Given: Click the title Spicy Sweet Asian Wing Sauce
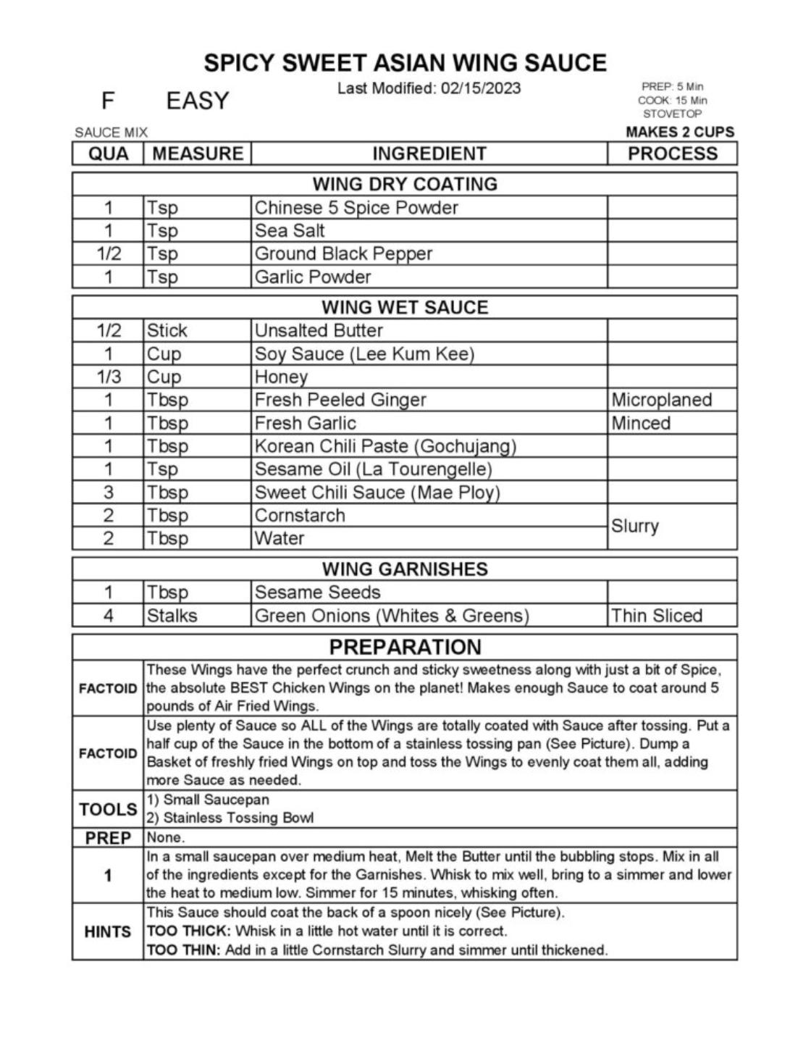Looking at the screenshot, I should click(x=405, y=63).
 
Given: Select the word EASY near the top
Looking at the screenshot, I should click(x=197, y=101).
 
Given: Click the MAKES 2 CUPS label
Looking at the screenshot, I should click(x=679, y=132).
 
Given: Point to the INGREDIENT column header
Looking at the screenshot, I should click(x=429, y=154).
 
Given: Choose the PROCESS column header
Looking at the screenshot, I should click(x=672, y=154).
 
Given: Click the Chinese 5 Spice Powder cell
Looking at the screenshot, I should click(x=356, y=208).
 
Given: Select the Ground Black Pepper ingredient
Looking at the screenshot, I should click(x=343, y=254).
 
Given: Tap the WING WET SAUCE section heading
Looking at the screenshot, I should click(x=405, y=307).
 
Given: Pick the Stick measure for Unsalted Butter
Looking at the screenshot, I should click(x=167, y=330).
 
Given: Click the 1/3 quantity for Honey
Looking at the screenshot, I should click(x=108, y=377).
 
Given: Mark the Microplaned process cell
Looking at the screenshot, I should click(x=661, y=400).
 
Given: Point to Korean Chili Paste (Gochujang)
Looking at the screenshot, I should click(x=385, y=446).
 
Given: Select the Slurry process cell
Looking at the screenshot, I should click(x=634, y=526).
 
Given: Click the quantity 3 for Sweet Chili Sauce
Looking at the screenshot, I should click(x=108, y=493).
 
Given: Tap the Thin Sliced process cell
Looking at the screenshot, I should click(x=656, y=616).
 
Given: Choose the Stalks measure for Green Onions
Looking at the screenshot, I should click(x=172, y=616).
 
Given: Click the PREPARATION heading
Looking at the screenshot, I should click(x=405, y=647).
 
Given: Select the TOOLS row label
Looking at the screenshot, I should click(x=108, y=809).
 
